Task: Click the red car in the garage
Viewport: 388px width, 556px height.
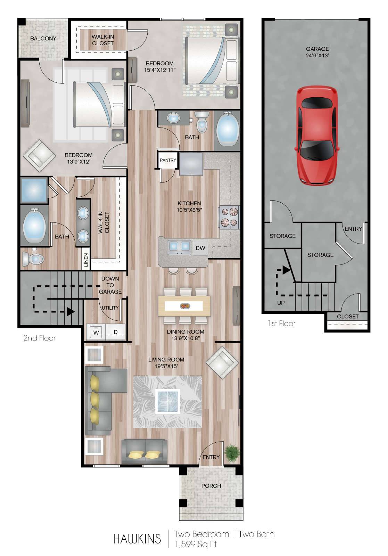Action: point(317,136)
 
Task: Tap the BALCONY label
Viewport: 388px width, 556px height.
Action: point(43,39)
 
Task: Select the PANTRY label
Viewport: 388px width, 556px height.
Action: point(168,160)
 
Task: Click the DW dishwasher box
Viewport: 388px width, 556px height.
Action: point(200,248)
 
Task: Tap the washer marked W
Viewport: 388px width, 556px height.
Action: point(96,333)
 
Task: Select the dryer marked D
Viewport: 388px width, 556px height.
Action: point(116,332)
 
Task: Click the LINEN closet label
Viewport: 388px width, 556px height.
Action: point(86,260)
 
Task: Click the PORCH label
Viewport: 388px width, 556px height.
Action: point(211,486)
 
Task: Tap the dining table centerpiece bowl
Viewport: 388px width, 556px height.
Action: point(185,306)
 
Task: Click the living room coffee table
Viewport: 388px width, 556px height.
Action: point(168,401)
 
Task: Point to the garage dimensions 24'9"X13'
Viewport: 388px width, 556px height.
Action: point(317,55)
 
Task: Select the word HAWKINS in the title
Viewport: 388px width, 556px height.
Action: point(137,539)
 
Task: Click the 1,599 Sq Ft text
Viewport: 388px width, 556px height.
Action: point(196,544)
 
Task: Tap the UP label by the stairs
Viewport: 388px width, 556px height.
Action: point(281,303)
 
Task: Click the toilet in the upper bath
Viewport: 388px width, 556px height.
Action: point(202,121)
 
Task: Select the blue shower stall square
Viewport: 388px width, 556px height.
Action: point(34,190)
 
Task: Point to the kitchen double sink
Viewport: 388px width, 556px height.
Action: point(180,247)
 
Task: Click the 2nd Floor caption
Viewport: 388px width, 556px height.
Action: point(40,338)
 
